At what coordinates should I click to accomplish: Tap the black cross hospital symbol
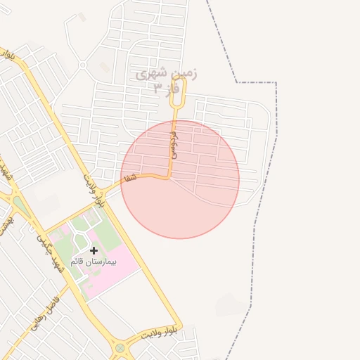pos(94,250)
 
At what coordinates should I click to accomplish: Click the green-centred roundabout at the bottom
pos(120,347)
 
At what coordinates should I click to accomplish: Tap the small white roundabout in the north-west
pos(82,65)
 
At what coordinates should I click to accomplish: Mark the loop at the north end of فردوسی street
pos(178,91)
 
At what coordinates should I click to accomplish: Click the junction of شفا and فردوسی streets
pos(168,177)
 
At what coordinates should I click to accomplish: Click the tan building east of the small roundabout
pos(105,67)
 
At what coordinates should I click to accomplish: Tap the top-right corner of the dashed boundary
pos(276,83)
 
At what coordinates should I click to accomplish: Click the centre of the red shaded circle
pos(180,179)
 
